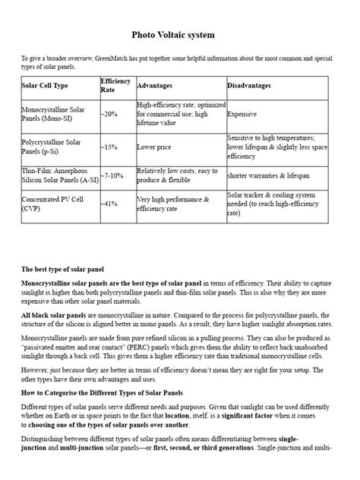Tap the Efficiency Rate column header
point(115,85)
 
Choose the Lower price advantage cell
point(156,147)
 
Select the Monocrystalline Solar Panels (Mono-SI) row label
point(53,113)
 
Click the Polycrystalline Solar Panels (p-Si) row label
point(52,147)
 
